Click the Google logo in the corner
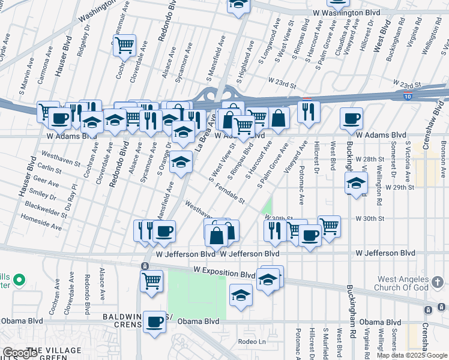(x=19, y=353)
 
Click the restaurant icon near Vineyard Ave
(x=309, y=110)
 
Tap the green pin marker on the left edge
(x=19, y=280)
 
